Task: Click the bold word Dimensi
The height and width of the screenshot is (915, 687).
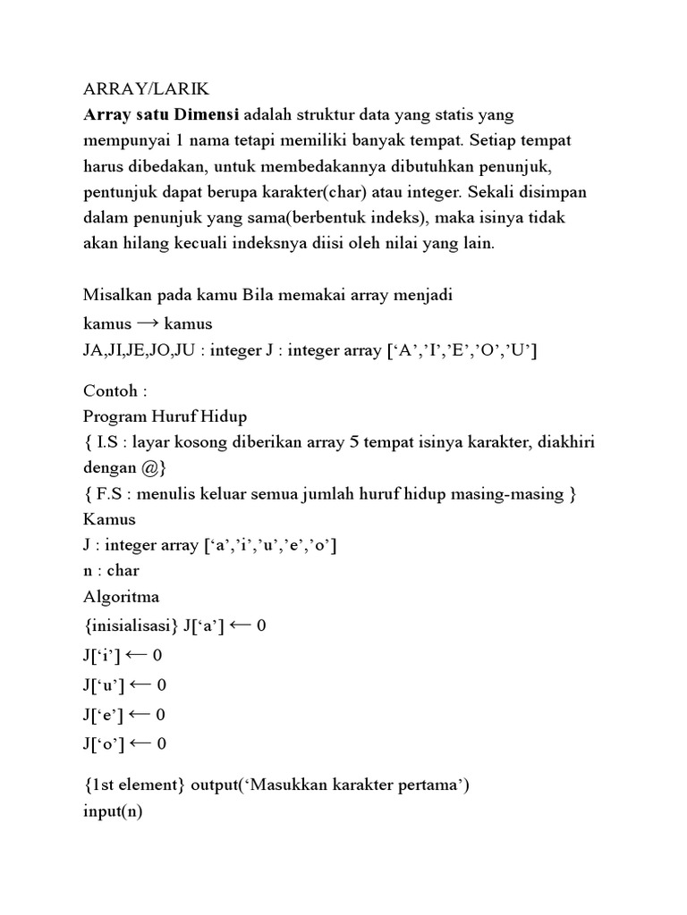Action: (208, 115)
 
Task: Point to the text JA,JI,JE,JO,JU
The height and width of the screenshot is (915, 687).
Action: (139, 350)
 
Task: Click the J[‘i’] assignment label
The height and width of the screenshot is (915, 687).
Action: (101, 656)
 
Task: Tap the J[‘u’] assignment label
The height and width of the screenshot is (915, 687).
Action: (103, 685)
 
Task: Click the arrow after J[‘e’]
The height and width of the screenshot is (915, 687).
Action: (140, 715)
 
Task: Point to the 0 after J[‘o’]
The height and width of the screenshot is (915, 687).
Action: (161, 743)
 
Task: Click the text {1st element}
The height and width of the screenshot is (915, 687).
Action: (134, 785)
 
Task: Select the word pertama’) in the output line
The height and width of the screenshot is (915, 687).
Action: (434, 785)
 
